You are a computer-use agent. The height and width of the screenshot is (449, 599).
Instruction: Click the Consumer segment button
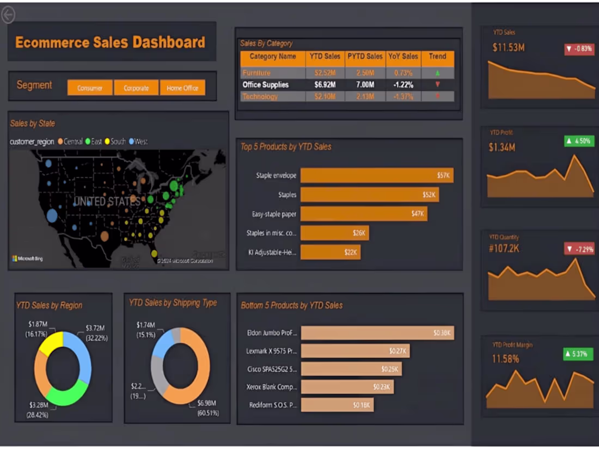coord(90,88)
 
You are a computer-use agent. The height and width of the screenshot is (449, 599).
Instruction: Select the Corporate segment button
coord(136,88)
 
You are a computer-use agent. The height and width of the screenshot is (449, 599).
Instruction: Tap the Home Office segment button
coord(182,88)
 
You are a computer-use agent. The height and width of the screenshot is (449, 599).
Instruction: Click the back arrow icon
coord(8,15)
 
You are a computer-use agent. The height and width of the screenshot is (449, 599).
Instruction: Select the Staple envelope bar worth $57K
coord(376,175)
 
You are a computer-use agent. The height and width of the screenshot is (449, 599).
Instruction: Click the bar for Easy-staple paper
coord(363,214)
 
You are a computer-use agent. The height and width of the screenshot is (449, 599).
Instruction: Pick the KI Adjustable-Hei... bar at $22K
coord(330,252)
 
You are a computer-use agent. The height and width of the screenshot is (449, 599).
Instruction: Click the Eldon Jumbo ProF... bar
coord(377,333)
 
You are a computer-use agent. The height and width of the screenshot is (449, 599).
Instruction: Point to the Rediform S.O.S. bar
coord(337,405)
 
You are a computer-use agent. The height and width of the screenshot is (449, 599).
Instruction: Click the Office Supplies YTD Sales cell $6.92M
coord(325,85)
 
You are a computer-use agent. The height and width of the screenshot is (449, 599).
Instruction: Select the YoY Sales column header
coord(403,57)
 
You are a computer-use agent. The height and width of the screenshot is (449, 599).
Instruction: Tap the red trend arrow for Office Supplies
coord(437,85)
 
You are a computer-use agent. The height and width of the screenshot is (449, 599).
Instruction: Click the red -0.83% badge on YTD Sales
coord(579,49)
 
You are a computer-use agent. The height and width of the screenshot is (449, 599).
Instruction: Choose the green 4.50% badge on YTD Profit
coord(578,141)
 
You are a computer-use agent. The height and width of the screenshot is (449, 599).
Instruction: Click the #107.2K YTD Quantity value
coord(505,248)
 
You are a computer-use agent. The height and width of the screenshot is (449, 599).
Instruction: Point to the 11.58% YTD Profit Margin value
coord(505,359)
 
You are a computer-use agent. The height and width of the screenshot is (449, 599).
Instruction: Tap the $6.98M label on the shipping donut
coord(206,403)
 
